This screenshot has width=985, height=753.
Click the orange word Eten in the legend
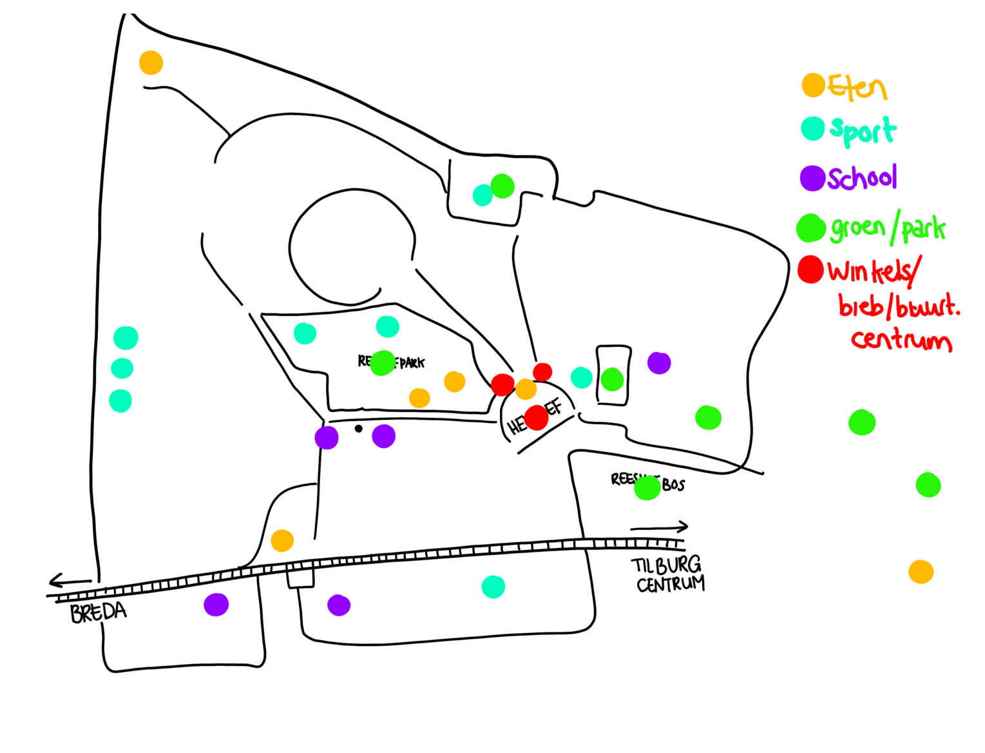click(x=857, y=87)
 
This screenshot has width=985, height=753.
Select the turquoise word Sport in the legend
click(x=863, y=131)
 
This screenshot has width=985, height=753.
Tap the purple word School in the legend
click(x=862, y=178)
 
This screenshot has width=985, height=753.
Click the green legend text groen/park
click(x=888, y=229)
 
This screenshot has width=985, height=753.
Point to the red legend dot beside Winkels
click(x=810, y=269)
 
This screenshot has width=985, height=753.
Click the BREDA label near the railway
click(x=99, y=612)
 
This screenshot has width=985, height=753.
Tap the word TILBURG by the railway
click(x=666, y=565)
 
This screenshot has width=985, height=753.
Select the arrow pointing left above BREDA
click(x=70, y=582)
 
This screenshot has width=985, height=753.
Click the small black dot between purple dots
click(x=358, y=429)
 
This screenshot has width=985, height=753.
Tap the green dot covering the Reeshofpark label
click(x=382, y=363)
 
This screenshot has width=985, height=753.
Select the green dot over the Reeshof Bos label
click(x=647, y=487)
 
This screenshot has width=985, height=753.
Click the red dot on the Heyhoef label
click(x=535, y=418)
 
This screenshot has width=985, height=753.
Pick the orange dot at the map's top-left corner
click(x=151, y=63)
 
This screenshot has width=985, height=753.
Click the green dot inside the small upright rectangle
click(x=612, y=379)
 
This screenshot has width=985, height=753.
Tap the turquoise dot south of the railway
click(x=493, y=587)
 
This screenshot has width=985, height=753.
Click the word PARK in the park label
click(x=412, y=364)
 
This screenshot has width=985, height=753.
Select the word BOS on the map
click(x=673, y=485)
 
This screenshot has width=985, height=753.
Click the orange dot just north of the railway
click(x=282, y=540)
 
